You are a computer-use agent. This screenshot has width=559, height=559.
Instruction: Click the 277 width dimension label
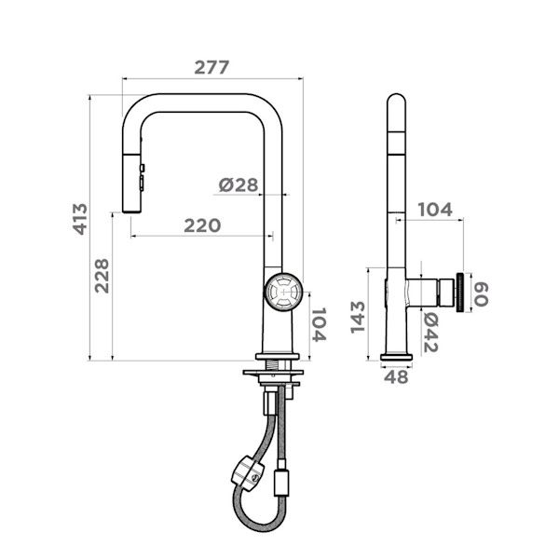[211, 67]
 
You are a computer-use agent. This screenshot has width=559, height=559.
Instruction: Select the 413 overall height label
[80, 219]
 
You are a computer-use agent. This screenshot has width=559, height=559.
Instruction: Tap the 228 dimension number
[102, 276]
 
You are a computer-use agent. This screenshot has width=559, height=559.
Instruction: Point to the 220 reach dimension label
[202, 225]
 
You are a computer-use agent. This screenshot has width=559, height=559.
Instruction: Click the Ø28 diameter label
[239, 184]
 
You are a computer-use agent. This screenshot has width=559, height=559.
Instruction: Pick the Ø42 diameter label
[430, 333]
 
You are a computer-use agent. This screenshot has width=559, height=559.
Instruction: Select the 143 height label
[358, 317]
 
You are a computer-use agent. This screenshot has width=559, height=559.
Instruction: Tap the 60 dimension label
[481, 293]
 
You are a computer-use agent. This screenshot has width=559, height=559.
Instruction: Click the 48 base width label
[396, 376]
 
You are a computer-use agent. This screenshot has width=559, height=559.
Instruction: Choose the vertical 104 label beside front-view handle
[319, 324]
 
